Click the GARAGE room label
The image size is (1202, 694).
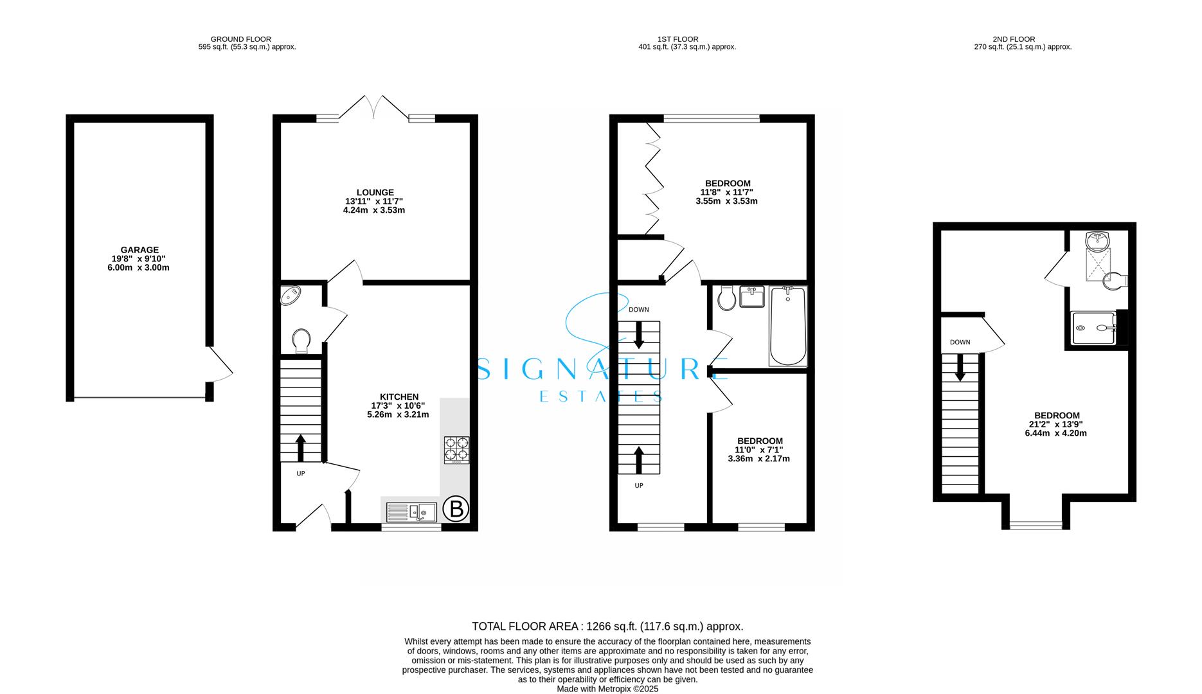[139, 258]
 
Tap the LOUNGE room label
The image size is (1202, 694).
[375, 200]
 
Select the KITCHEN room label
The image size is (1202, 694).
[399, 405]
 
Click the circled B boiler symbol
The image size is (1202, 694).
[456, 510]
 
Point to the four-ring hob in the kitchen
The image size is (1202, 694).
[456, 449]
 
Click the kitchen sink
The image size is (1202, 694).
[411, 512]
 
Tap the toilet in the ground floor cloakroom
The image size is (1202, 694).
[301, 340]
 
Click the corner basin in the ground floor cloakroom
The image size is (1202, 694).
[291, 296]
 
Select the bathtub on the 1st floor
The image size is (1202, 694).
[787, 326]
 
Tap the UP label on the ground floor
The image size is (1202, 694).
[300, 474]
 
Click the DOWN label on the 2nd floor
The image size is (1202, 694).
[960, 343]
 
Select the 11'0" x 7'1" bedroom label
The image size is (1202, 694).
[758, 450]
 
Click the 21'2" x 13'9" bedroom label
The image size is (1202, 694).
[1056, 424]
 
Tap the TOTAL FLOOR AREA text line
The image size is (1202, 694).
[607, 626]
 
